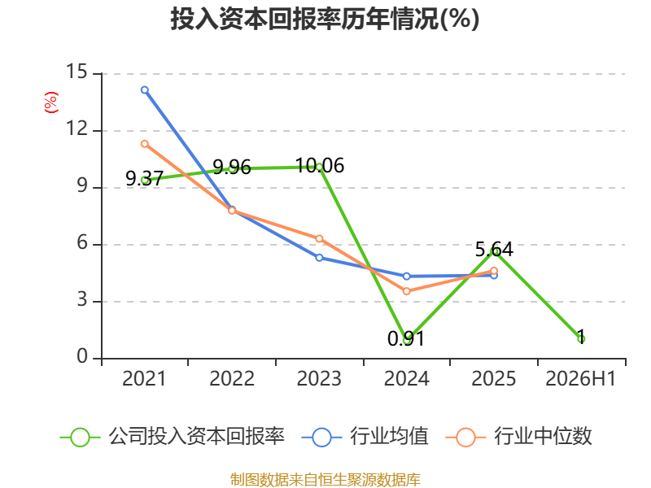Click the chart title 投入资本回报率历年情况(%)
pos(325,19)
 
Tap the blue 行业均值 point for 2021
pos(145,90)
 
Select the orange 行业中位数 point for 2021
pos(145,144)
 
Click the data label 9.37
pos(145,178)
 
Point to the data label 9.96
pos(232,168)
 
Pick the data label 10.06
pos(320,166)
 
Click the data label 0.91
pos(406,338)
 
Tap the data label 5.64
pos(494,250)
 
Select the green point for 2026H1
pos(581,339)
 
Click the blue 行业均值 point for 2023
pos(319,258)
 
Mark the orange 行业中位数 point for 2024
pos(406,291)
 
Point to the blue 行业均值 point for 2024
pos(406,277)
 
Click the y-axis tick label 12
pos(77,129)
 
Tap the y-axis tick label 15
pos(77,72)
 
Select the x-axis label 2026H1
pos(580,379)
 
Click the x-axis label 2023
pos(319,379)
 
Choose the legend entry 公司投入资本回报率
pos(173,437)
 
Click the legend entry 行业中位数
pos(518,437)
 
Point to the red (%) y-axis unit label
pos(51,102)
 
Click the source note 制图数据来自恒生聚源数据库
pos(325,480)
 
